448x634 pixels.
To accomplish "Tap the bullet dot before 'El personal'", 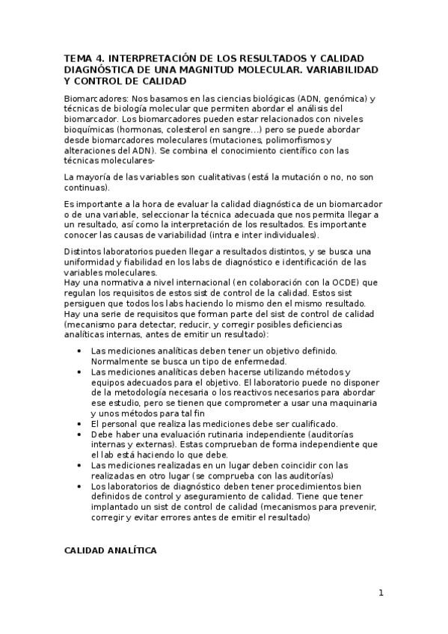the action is pyautogui.click(x=81, y=423).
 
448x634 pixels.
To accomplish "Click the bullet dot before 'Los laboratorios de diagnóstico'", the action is pyautogui.click(x=81, y=486).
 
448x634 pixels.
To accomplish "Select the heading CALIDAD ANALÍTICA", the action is pyautogui.click(x=110, y=550).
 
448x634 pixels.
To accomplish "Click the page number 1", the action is pyautogui.click(x=381, y=594).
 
